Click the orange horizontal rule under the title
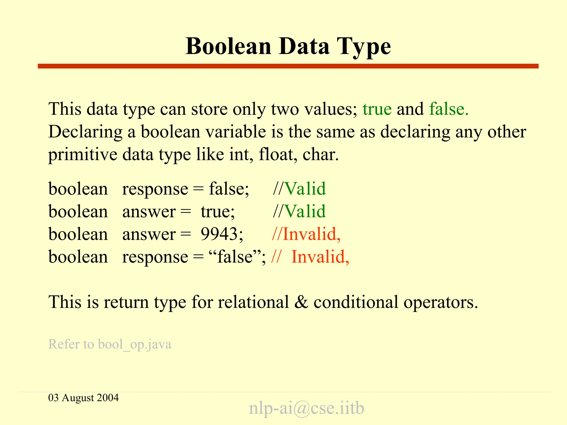click(288, 66)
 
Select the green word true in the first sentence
click(377, 109)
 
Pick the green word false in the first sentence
click(449, 109)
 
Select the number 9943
click(222, 234)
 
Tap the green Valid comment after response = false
click(305, 189)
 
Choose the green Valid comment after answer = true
click(305, 212)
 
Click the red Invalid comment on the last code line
click(320, 256)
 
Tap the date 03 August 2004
click(83, 398)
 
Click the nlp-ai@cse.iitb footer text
click(306, 408)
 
